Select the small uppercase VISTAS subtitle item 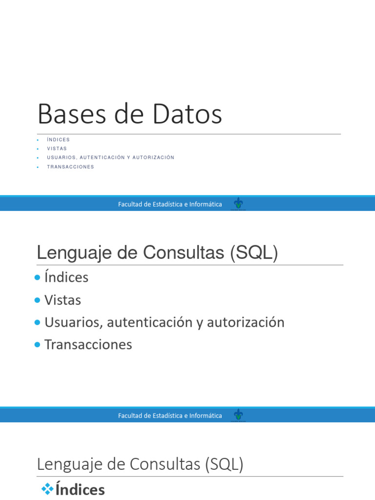click(x=57, y=148)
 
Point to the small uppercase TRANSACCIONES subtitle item click(x=70, y=167)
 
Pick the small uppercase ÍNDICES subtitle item click(x=58, y=140)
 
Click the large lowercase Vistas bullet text click(x=62, y=300)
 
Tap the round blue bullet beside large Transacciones click(x=38, y=345)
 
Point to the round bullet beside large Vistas click(x=38, y=300)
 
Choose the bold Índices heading click(x=80, y=490)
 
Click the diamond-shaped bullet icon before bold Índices click(x=47, y=489)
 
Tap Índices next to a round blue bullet click(x=66, y=277)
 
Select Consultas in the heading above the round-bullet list click(x=185, y=253)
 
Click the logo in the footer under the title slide click(x=238, y=204)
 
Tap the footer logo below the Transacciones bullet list click(x=238, y=415)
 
